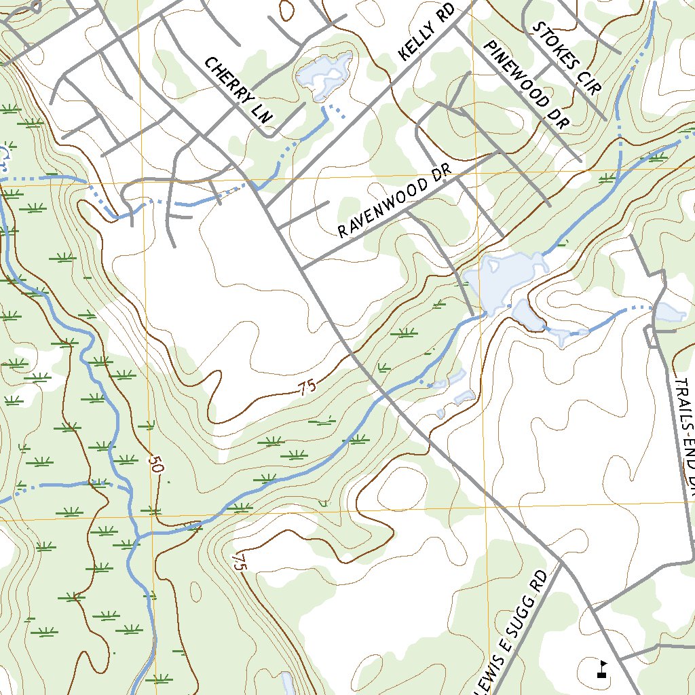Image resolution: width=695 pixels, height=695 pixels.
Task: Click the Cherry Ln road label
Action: click(238, 90)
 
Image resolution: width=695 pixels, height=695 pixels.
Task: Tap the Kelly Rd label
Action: click(425, 35)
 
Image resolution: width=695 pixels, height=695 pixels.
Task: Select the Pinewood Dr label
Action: click(525, 84)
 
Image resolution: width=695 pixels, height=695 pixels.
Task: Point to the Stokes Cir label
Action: click(568, 58)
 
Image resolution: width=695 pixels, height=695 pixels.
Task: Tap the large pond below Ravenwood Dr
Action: click(506, 278)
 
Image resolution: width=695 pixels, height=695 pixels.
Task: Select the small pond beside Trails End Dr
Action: click(669, 312)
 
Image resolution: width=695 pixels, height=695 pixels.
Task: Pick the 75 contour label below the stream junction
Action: click(237, 561)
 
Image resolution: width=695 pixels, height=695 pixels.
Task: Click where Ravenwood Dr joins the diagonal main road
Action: click(303, 269)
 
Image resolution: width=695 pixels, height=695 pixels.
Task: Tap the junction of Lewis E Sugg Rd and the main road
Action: click(563, 563)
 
